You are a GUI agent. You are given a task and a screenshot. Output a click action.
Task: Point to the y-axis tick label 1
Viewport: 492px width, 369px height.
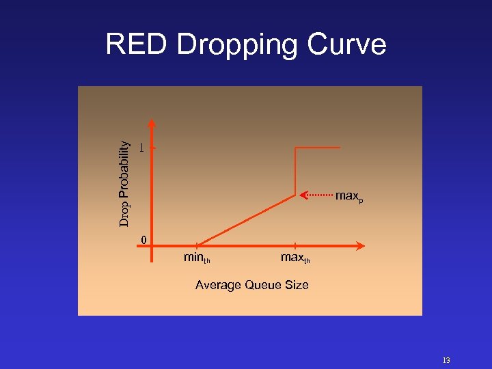coord(141,147)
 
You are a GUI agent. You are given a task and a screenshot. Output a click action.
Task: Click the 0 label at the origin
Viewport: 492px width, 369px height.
coord(143,239)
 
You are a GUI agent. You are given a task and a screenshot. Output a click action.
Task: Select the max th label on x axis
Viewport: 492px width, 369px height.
coord(295,258)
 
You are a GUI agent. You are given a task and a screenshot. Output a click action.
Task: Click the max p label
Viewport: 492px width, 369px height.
coord(349,196)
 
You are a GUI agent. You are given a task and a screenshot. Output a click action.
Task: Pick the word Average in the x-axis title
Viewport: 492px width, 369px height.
coord(218,285)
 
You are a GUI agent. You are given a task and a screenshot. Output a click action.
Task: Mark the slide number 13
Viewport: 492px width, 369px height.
coord(446,360)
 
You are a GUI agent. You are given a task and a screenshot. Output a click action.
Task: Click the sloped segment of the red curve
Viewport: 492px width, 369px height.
coord(246,220)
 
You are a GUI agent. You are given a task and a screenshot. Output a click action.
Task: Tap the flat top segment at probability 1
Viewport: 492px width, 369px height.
coord(318,147)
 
